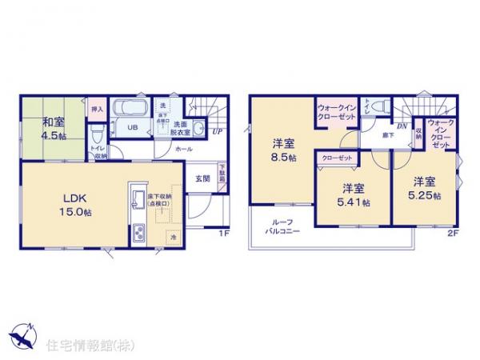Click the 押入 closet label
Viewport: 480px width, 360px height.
98,107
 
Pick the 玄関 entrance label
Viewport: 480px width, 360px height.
203,180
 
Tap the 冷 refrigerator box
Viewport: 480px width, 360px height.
172,237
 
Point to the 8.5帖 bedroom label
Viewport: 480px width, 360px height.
282,150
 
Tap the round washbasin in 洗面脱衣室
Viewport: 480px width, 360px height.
197,133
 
